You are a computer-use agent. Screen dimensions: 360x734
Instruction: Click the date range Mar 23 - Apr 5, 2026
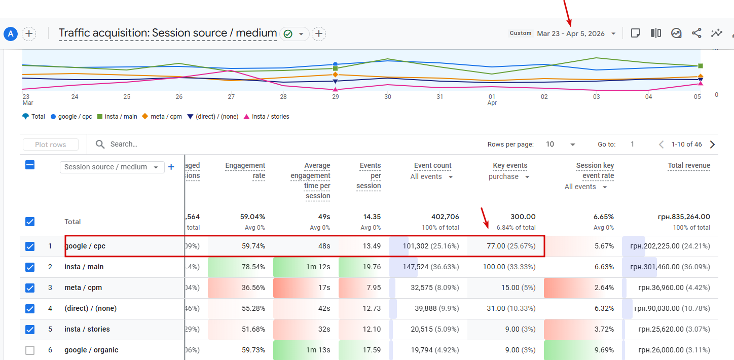click(x=571, y=33)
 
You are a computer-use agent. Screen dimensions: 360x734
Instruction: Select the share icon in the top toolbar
click(x=696, y=33)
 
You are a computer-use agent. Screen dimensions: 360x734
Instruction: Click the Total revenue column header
click(x=688, y=165)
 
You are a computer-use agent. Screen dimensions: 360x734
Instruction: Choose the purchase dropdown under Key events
click(x=509, y=177)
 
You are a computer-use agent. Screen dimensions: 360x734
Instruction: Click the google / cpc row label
click(x=85, y=246)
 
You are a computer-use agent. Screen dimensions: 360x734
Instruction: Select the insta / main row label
click(x=84, y=267)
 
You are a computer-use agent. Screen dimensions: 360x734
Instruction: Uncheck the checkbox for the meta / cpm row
click(x=30, y=287)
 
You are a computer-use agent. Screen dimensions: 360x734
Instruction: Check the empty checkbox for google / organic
click(x=30, y=350)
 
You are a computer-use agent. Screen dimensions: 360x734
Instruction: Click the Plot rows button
click(x=51, y=145)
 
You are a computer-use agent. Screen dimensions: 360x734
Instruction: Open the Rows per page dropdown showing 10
click(x=560, y=145)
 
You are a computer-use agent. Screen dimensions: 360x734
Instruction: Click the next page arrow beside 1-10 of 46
click(x=712, y=145)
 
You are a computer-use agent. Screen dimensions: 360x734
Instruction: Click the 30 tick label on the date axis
click(x=388, y=97)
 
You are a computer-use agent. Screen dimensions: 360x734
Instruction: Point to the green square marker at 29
click(x=335, y=68)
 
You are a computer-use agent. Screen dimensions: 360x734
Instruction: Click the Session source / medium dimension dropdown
click(x=112, y=167)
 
